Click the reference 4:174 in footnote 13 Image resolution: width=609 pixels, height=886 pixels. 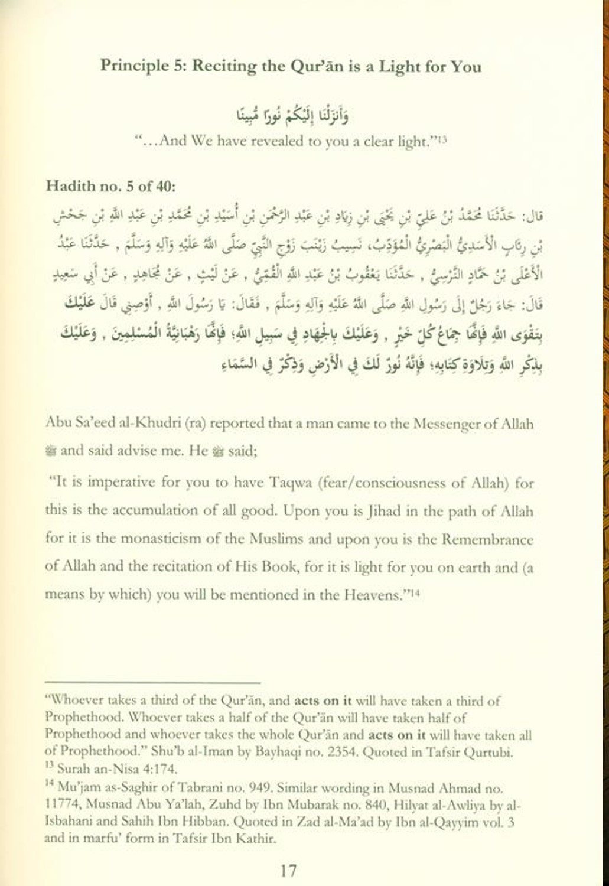(x=158, y=769)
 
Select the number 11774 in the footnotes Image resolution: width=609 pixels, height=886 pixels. (x=61, y=804)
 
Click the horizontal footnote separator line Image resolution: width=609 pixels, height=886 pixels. (x=152, y=681)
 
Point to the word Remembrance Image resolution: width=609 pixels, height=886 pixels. (x=496, y=539)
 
